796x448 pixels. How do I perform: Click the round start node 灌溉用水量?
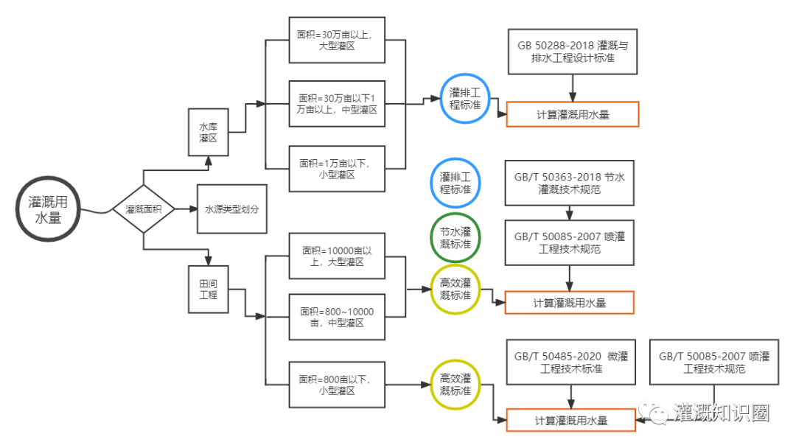(x=55, y=209)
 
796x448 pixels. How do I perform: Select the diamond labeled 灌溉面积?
(x=143, y=209)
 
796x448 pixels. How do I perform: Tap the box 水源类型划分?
(x=231, y=209)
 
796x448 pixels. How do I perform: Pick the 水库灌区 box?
(x=208, y=133)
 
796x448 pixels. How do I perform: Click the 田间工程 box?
(x=208, y=290)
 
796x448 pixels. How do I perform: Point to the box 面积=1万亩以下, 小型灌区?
(x=337, y=169)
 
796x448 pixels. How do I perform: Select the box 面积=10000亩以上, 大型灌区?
(x=337, y=256)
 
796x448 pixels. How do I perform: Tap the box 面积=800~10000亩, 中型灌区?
(x=337, y=318)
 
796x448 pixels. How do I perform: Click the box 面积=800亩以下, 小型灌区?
(x=337, y=385)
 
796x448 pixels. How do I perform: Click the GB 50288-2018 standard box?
(x=572, y=52)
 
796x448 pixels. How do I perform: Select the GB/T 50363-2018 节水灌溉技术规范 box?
(x=569, y=183)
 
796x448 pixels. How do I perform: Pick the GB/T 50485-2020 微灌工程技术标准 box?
(x=571, y=362)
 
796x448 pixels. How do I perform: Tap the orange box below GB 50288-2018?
(x=572, y=115)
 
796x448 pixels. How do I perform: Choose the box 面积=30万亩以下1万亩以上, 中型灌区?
(x=337, y=104)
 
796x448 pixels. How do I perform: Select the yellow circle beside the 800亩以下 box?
(x=455, y=385)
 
